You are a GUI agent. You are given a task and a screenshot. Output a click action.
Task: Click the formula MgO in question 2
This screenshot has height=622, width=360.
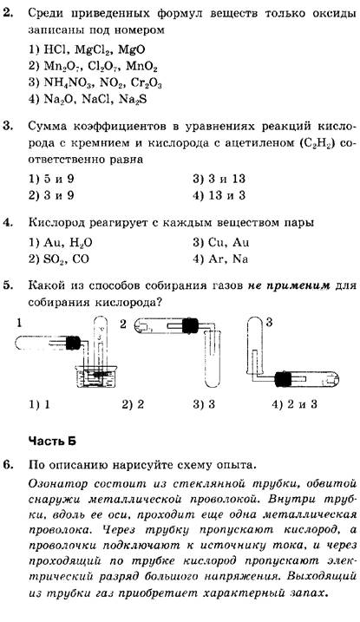tap(132, 49)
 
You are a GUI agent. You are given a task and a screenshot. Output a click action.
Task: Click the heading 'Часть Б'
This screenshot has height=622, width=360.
tap(52, 441)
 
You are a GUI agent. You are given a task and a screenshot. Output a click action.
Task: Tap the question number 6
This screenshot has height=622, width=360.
tap(9, 464)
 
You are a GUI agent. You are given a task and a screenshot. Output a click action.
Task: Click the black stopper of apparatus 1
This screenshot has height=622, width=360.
tap(73, 343)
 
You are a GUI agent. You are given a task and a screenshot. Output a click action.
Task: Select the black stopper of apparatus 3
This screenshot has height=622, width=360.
tap(283, 379)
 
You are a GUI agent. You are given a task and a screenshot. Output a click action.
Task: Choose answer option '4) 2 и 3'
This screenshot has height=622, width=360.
tap(294, 404)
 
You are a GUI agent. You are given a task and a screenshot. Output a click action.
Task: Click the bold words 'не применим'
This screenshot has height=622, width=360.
tap(290, 285)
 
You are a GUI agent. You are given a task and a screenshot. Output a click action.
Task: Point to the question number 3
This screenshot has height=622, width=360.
tap(8, 127)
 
